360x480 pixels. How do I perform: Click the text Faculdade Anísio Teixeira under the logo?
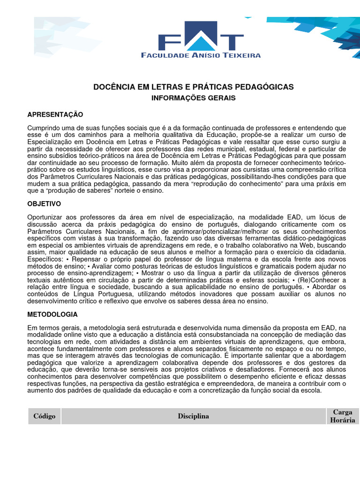(x=201, y=55)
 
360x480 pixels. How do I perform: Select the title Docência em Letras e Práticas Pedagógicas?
(x=194, y=87)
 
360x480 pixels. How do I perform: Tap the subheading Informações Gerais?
(x=193, y=98)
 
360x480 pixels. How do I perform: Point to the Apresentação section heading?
(x=55, y=115)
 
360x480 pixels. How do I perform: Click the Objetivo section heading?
(x=44, y=204)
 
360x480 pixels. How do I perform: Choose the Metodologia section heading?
(x=52, y=315)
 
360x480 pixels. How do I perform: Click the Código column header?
(x=45, y=416)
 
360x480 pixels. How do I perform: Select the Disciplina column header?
(x=193, y=416)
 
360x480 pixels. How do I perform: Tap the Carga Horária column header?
(x=343, y=416)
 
